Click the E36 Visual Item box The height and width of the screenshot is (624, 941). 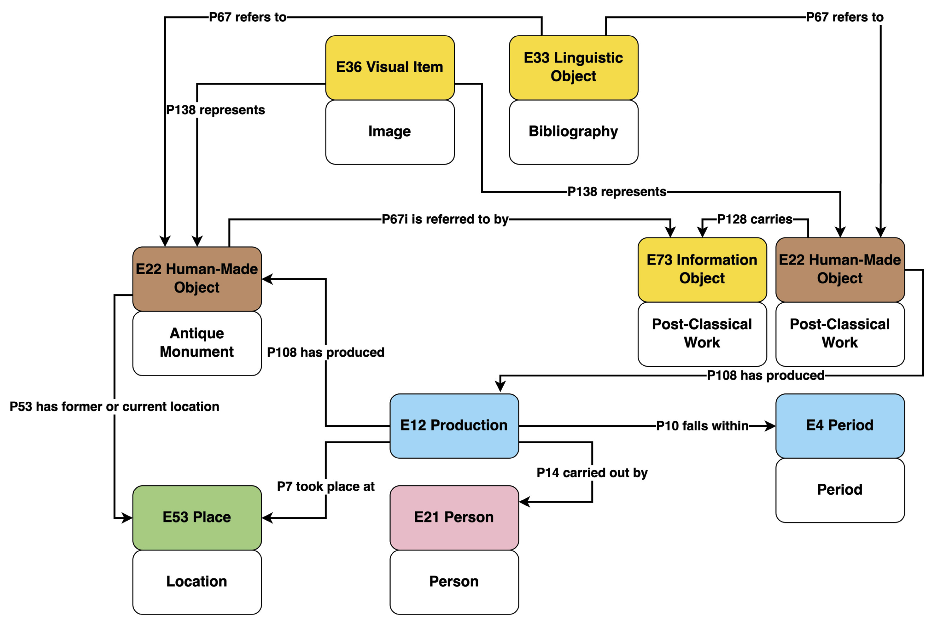click(389, 67)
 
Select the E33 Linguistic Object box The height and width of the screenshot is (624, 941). click(573, 67)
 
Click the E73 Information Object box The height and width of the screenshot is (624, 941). click(702, 269)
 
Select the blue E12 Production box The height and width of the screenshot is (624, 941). click(454, 425)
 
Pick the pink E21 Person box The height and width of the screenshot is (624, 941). click(454, 517)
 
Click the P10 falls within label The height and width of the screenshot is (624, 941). click(702, 426)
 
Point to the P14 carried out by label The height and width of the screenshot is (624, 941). click(592, 473)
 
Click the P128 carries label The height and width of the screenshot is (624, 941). click(754, 219)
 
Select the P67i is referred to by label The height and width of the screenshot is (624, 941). click(445, 219)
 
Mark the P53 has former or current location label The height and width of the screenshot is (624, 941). click(114, 407)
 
